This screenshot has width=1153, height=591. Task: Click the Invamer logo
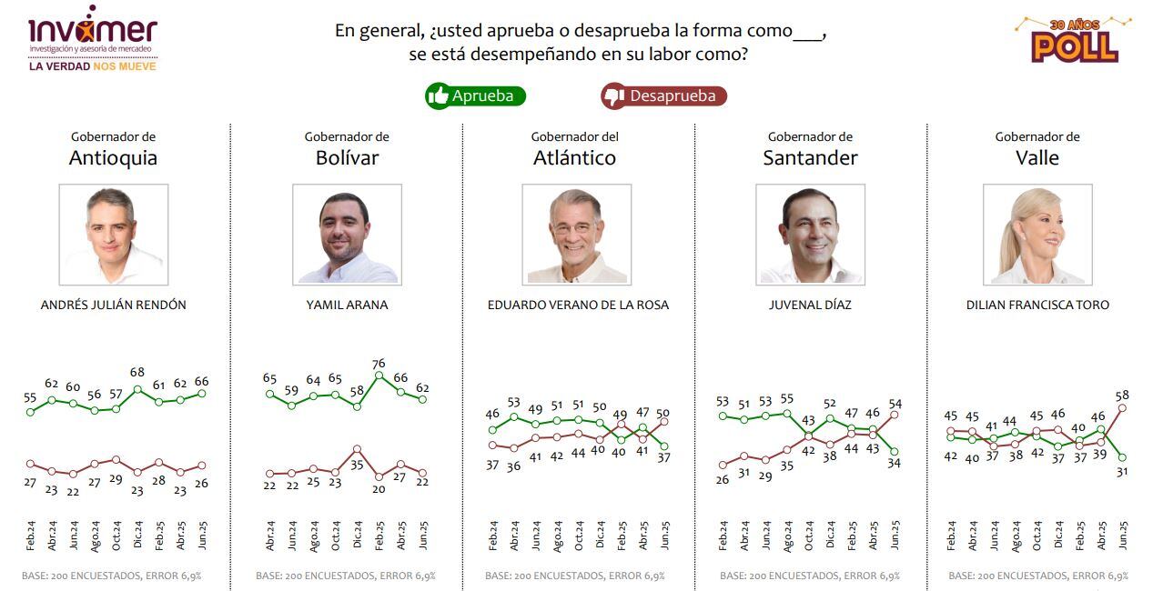click(92, 39)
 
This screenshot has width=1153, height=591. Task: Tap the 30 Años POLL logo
click(1074, 40)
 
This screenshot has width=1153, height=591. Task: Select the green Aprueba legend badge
click(475, 95)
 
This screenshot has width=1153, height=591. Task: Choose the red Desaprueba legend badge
click(663, 95)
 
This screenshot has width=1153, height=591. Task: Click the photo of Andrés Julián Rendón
click(114, 235)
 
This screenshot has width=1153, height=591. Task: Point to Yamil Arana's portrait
click(347, 235)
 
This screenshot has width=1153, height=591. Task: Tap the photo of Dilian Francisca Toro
click(1037, 235)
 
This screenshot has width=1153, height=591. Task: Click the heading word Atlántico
click(574, 158)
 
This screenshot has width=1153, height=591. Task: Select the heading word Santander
click(810, 158)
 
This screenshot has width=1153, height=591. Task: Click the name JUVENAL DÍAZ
click(810, 306)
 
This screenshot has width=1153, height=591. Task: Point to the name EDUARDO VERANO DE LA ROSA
click(578, 306)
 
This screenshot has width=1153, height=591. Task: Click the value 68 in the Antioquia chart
click(137, 373)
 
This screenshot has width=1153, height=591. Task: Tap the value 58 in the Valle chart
click(1123, 396)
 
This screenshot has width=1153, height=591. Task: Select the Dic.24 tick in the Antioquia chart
click(138, 534)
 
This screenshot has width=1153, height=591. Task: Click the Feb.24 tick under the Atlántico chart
click(492, 534)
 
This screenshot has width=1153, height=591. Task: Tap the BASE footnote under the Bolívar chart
click(345, 576)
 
